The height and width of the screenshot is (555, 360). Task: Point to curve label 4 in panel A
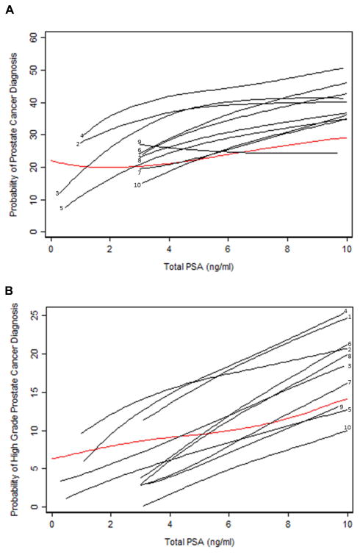click(82, 135)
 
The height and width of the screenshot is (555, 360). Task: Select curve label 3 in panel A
click(57, 193)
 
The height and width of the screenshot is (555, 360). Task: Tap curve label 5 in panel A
click(62, 208)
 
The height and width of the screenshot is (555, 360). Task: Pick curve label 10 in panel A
click(137, 185)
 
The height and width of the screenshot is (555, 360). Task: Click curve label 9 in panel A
click(139, 142)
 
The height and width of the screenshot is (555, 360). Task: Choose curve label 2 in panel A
click(77, 144)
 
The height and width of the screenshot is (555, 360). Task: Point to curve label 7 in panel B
click(350, 383)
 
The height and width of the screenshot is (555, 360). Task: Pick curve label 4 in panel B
click(345, 311)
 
